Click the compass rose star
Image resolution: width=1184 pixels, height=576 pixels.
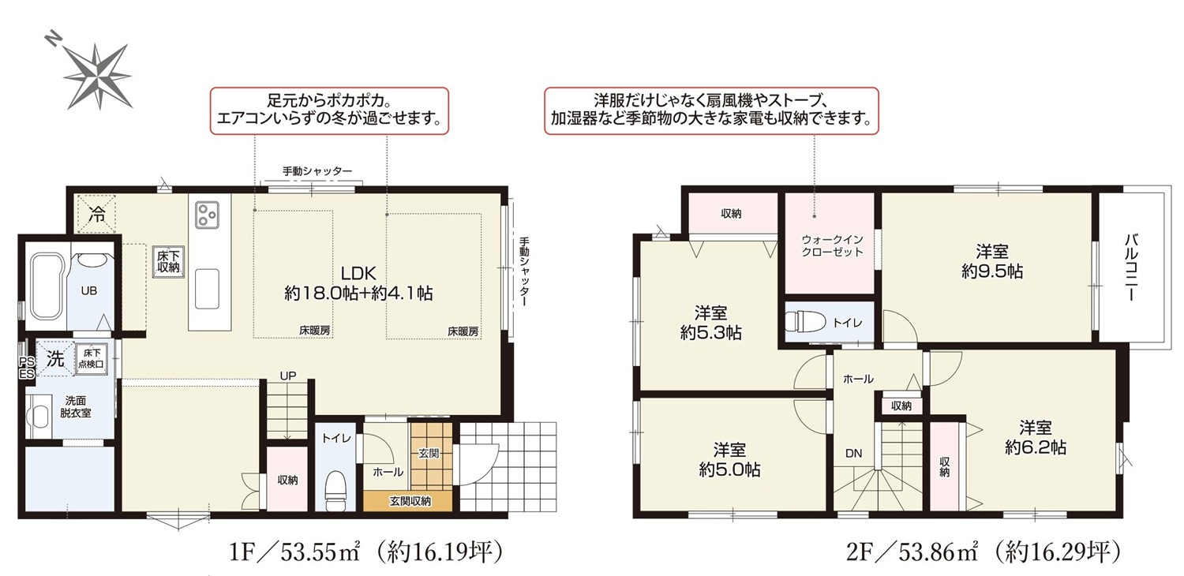click(99, 76)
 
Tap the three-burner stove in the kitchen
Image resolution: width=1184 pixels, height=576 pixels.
click(207, 215)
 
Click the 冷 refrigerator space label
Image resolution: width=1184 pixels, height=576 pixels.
click(97, 214)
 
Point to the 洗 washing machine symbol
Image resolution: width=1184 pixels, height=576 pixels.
click(55, 359)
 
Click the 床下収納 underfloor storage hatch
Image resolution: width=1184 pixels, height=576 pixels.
click(168, 262)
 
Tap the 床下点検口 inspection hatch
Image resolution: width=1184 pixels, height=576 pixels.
click(92, 359)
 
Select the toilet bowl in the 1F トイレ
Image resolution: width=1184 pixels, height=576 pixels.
click(335, 489)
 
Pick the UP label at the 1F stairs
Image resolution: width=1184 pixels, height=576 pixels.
click(288, 376)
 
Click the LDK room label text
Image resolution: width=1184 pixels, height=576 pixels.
click(358, 273)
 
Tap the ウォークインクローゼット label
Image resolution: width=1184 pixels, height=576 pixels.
click(832, 245)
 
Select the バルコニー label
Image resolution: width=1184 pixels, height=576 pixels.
click(1131, 268)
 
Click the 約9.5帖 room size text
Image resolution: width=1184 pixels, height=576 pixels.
click(992, 271)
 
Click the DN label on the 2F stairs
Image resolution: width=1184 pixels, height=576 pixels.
click(853, 454)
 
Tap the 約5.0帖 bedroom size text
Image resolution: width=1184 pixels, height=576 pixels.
click(730, 469)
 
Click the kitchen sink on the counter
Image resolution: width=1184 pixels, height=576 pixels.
click(207, 289)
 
